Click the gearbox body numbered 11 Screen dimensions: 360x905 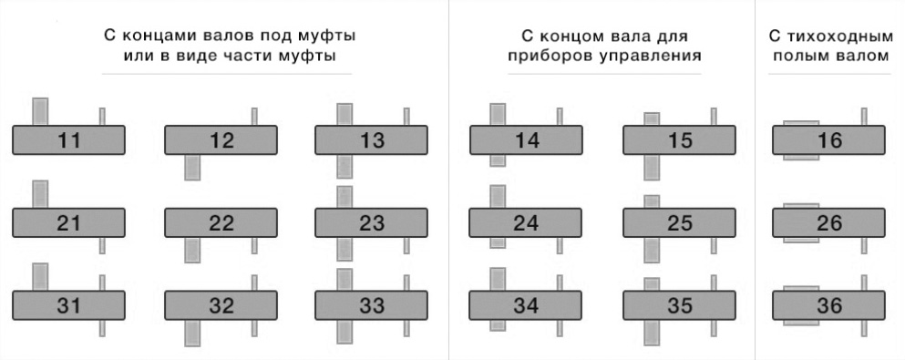tap(68, 140)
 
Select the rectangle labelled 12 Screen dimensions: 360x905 tap(221, 140)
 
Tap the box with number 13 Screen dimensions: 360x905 tap(371, 140)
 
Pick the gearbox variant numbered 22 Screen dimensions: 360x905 tap(221, 223)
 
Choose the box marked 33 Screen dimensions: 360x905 tap(371, 306)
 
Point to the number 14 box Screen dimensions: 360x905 tap(526, 140)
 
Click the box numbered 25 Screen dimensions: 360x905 tap(679, 223)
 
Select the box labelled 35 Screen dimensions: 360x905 tap(679, 306)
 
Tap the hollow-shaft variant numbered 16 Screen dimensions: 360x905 tap(828, 140)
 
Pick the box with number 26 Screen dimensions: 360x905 tap(828, 223)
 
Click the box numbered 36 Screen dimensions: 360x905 tap(828, 306)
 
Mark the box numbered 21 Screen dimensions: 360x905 tap(68, 223)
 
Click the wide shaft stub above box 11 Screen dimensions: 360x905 tap(40, 111)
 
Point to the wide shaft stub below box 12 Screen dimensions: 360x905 tap(192, 167)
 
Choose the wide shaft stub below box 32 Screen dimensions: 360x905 tap(192, 333)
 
